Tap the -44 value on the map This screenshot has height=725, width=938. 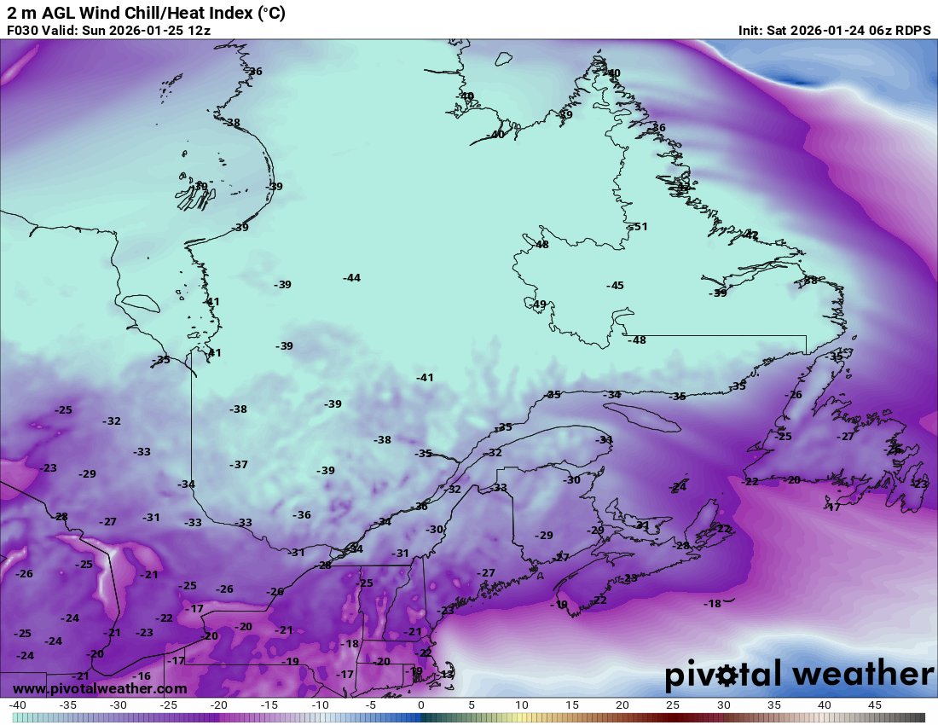(x=351, y=278)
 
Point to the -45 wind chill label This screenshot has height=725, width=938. (x=615, y=286)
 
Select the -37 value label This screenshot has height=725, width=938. (x=239, y=465)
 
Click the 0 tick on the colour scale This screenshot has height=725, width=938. (x=421, y=705)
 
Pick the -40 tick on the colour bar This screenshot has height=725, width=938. (x=17, y=705)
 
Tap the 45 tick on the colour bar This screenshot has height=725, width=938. (x=875, y=705)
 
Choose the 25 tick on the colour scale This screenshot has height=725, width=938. (x=673, y=705)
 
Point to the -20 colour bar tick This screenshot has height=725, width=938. (x=219, y=705)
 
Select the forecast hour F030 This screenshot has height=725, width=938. (x=23, y=31)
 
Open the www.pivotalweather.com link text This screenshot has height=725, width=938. (x=100, y=688)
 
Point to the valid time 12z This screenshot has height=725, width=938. (x=199, y=31)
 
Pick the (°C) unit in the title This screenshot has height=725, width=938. (x=269, y=13)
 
